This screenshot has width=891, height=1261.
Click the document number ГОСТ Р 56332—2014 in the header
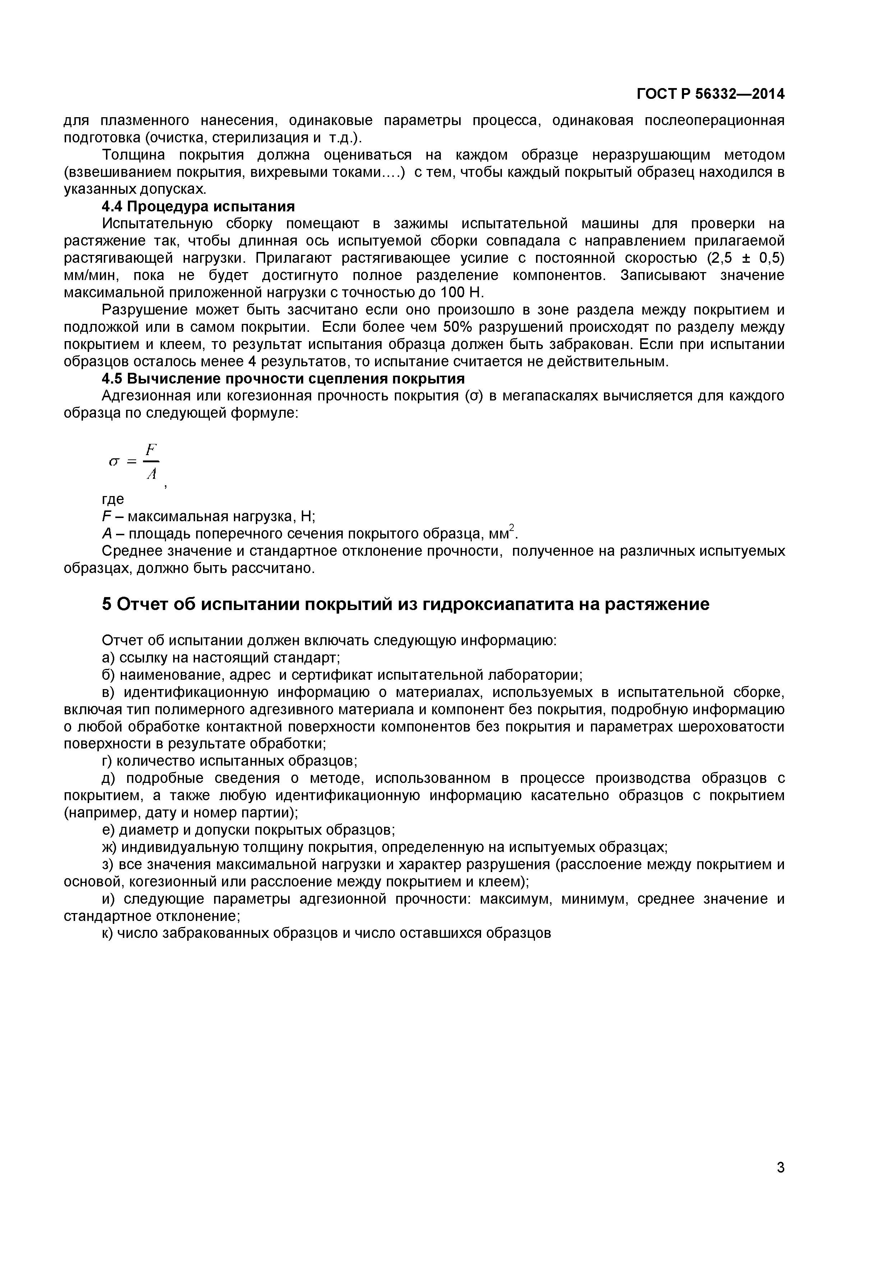[710, 95]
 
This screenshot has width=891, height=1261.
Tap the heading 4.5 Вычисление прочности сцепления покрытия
[283, 379]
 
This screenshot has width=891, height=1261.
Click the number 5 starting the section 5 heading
[107, 604]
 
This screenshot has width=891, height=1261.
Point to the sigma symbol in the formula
[114, 462]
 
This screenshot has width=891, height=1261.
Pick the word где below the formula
[113, 499]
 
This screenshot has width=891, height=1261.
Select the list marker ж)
[109, 847]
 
